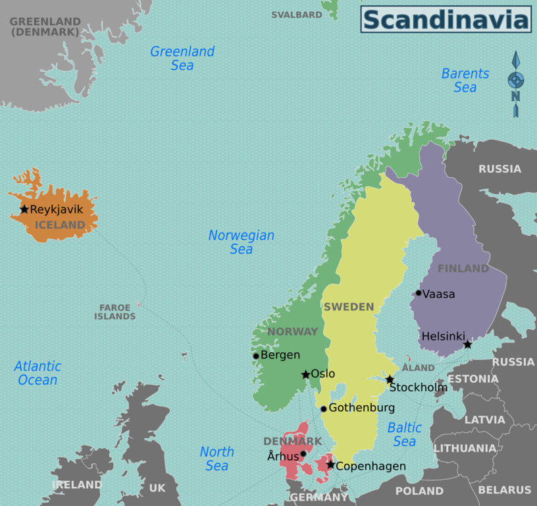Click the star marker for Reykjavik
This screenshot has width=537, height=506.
(x=24, y=210)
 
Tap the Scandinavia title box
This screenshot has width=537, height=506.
(x=446, y=19)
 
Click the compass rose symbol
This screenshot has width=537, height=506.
(x=516, y=81)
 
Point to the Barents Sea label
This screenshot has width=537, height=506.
(x=465, y=80)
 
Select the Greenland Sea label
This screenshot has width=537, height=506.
(x=182, y=58)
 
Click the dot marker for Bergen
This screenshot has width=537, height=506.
(x=256, y=356)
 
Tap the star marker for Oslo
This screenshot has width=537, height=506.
(x=305, y=374)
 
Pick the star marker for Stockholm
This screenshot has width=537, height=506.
(x=390, y=379)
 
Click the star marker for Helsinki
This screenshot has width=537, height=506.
(x=467, y=345)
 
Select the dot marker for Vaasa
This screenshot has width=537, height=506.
(x=418, y=293)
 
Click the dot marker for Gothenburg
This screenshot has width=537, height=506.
(x=323, y=408)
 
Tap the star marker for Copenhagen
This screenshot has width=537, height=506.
(x=330, y=465)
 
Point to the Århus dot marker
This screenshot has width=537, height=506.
(x=303, y=453)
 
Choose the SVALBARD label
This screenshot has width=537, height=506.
(x=297, y=14)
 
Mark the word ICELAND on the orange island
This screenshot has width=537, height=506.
(x=60, y=225)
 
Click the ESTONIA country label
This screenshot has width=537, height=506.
(x=473, y=379)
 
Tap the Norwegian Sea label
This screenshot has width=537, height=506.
(x=242, y=242)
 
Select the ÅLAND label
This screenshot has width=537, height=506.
(x=419, y=368)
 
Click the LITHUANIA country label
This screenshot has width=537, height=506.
(x=465, y=448)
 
